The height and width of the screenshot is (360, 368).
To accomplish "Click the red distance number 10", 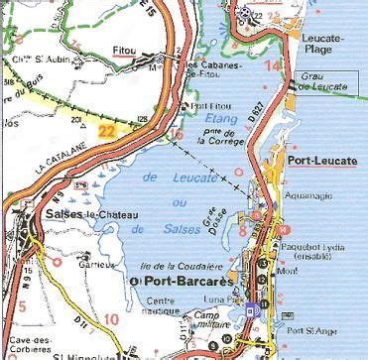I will tap(110, 318).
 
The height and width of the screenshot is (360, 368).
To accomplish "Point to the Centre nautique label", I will tap(168, 305).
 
